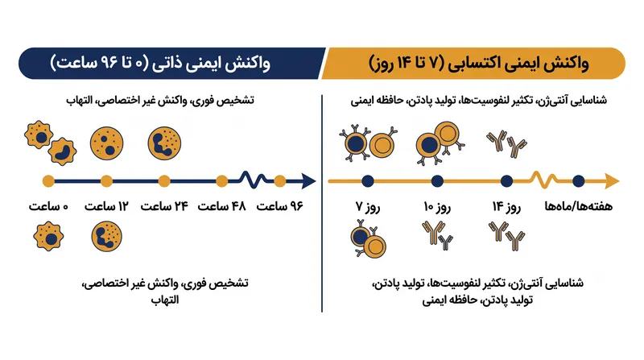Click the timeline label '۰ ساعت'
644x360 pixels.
[48, 206]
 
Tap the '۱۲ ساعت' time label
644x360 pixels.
[106, 206]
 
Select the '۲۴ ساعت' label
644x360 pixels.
[164, 206]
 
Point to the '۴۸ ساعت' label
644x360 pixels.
[222, 206]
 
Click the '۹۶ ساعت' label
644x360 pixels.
[279, 206]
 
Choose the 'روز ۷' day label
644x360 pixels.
[368, 207]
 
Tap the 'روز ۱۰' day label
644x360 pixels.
[437, 207]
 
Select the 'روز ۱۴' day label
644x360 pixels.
[507, 207]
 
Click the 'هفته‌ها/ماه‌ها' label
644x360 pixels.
[579, 206]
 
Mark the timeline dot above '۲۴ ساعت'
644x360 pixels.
[164, 181]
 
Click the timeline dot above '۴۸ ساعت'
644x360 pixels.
[222, 181]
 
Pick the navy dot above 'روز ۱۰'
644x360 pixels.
[437, 181]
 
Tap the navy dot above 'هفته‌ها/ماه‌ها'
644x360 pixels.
[579, 181]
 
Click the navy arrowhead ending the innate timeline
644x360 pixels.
[308, 181]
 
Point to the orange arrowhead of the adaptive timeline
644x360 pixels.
[612, 181]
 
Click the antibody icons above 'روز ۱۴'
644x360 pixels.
[507, 144]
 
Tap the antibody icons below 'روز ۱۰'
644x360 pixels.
[437, 235]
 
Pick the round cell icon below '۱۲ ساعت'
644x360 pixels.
[106, 237]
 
